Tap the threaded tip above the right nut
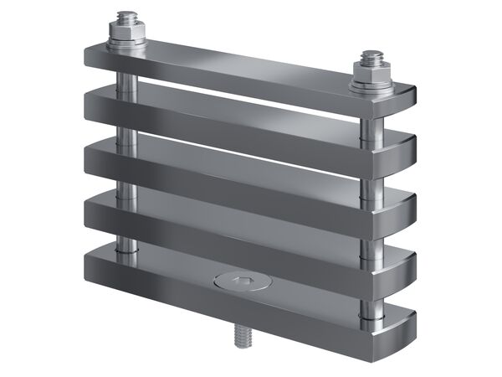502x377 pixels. pyautogui.click(x=371, y=58)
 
